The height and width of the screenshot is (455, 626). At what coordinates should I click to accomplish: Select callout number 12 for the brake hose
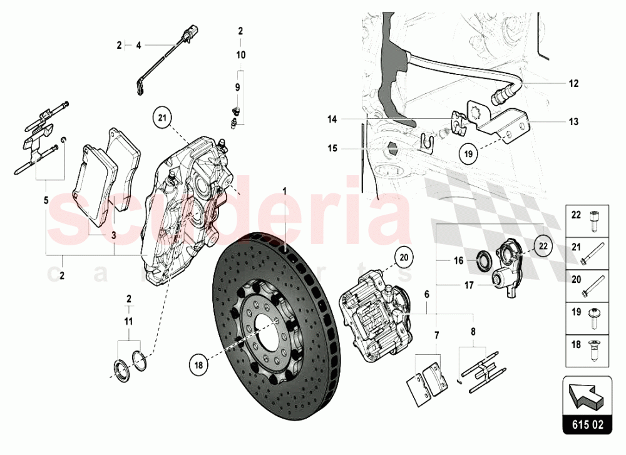point(574,83)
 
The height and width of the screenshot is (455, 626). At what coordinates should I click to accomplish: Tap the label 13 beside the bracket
point(574,121)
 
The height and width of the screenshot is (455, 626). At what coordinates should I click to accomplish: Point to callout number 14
point(332,118)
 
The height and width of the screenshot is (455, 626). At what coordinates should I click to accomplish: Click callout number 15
point(332,148)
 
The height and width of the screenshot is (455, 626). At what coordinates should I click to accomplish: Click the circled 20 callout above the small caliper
point(403,257)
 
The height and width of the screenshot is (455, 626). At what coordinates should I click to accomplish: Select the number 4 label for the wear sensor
point(139,45)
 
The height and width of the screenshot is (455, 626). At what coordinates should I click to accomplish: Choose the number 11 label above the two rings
point(129,322)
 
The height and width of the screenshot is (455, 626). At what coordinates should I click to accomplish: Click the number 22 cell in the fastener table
point(576,215)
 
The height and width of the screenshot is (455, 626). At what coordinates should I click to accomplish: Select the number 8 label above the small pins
point(473,333)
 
